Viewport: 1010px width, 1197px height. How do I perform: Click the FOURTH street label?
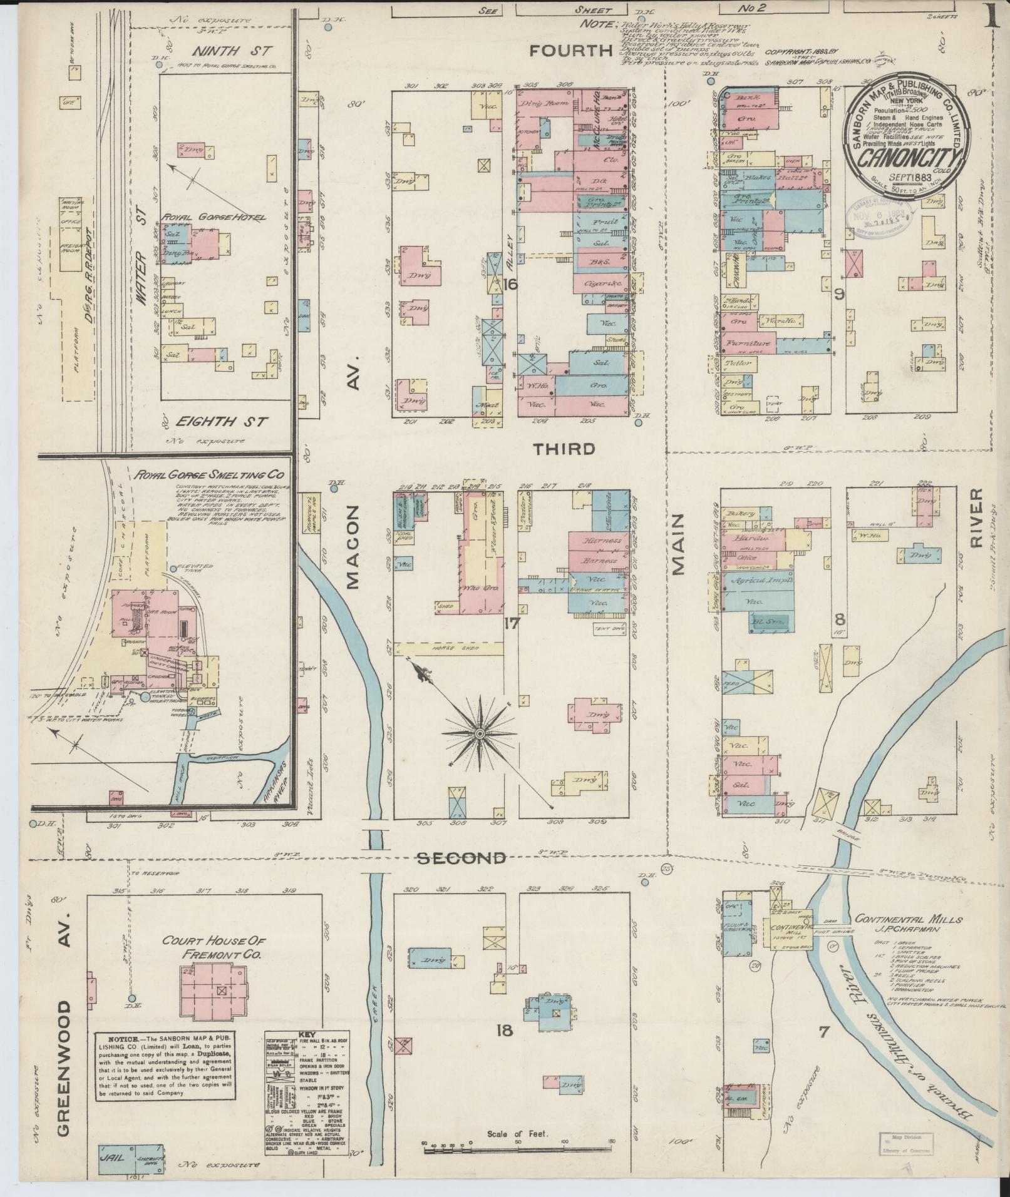[x=570, y=51]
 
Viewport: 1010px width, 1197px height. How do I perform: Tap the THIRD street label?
[x=564, y=449]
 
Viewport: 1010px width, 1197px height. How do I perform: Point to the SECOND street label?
[x=461, y=858]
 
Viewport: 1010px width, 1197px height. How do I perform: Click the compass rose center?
[x=479, y=733]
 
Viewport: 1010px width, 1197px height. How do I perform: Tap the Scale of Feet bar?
[x=518, y=1147]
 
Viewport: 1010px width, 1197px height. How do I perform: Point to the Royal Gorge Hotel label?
[x=214, y=217]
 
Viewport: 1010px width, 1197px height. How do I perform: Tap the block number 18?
[x=505, y=1029]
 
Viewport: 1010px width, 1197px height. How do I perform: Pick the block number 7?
[x=823, y=1032]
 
